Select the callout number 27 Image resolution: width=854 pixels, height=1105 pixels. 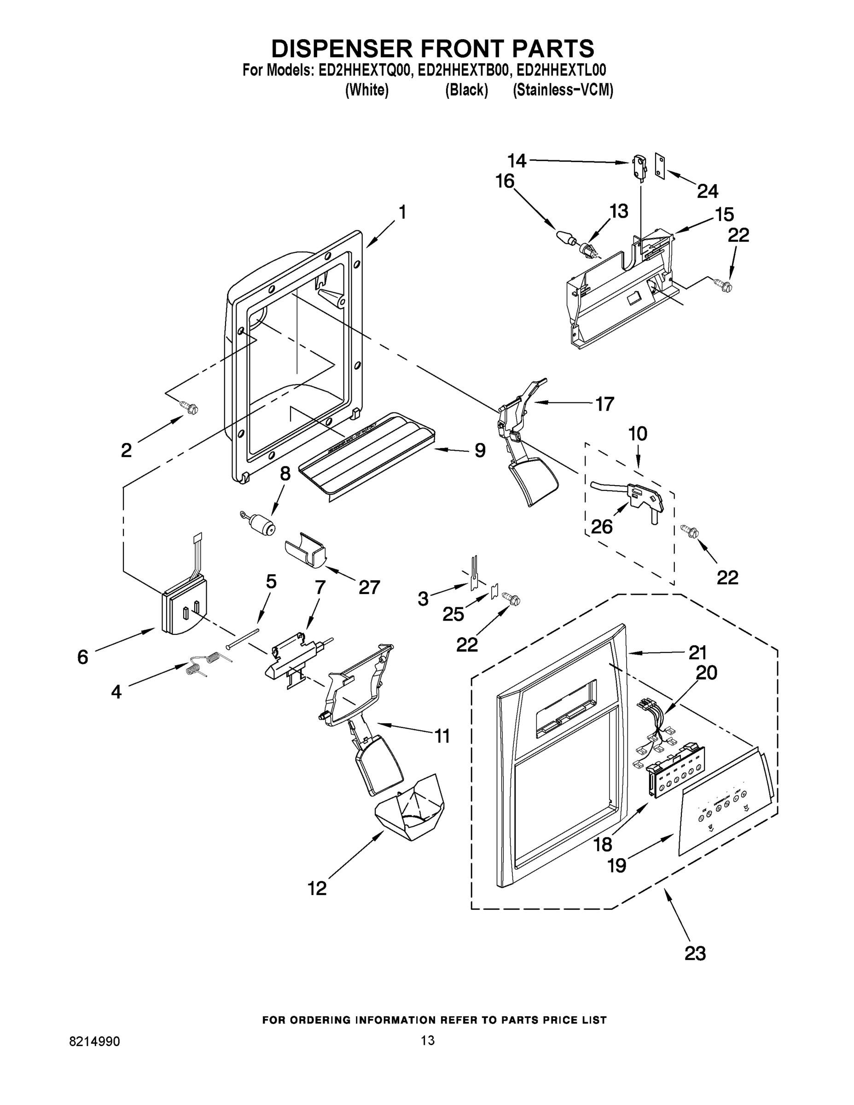coord(369,587)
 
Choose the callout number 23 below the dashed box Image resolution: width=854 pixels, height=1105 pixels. coord(695,953)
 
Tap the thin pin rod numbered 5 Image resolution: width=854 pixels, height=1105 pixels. coord(243,638)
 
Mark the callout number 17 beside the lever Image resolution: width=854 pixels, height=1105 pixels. coord(604,403)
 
